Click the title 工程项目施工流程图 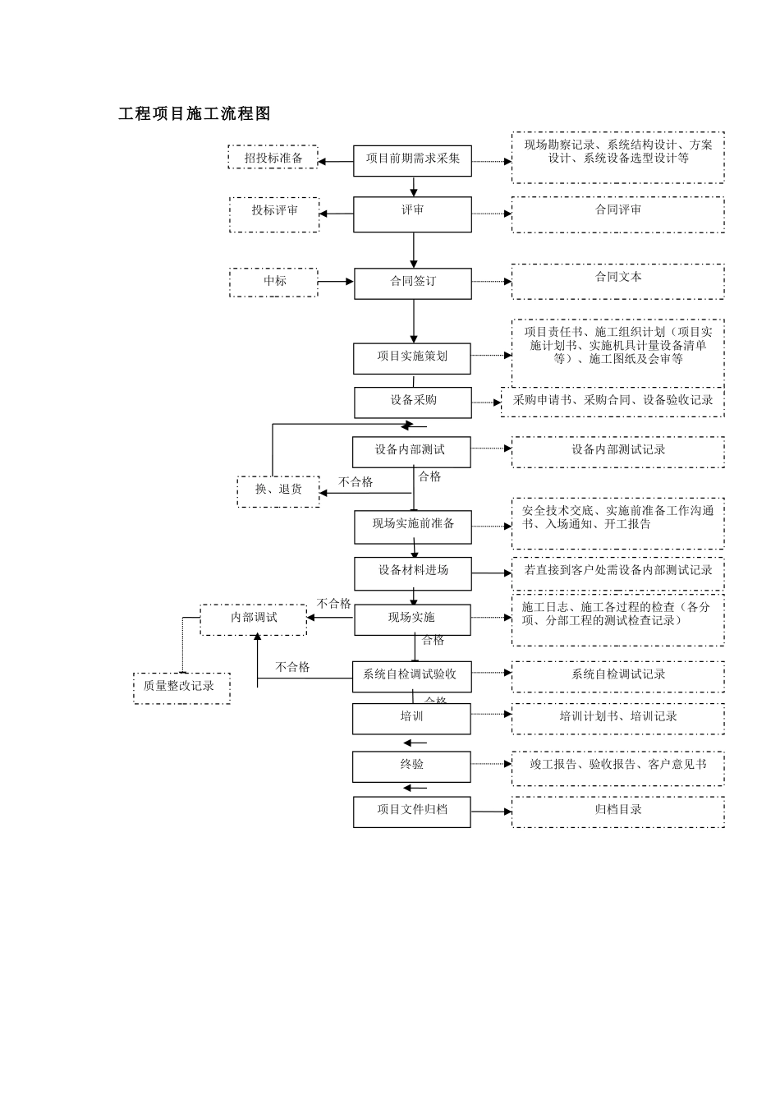tap(195, 114)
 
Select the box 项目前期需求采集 tap(412, 160)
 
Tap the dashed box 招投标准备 tap(273, 158)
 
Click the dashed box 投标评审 tap(274, 214)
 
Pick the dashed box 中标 tap(274, 282)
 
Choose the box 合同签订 tap(412, 283)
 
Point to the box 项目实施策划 tap(412, 358)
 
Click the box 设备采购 tap(412, 402)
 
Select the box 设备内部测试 tap(411, 452)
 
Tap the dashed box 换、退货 tap(278, 490)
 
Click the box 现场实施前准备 tap(412, 527)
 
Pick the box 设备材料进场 tap(412, 573)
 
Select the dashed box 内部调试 tap(254, 619)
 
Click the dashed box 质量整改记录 tap(181, 688)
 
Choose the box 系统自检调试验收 tap(411, 677)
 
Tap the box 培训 tap(411, 719)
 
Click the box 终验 tap(411, 766)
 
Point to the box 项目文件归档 tap(411, 812)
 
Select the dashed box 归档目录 tap(617, 812)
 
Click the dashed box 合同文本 tap(617, 281)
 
